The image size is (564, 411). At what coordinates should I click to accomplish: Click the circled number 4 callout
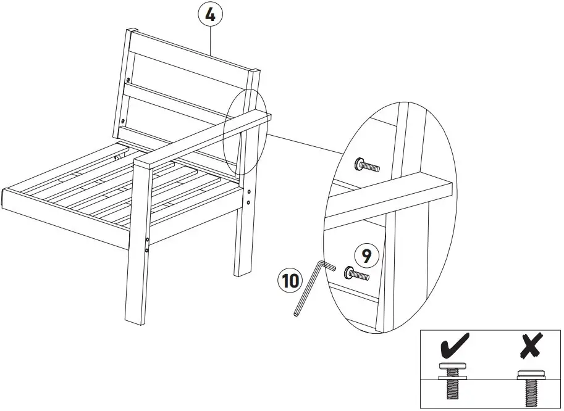click(211, 14)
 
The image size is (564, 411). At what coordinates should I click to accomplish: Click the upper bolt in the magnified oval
click(366, 165)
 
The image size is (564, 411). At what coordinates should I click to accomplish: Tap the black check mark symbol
click(455, 346)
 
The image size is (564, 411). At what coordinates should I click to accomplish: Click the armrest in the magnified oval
click(395, 197)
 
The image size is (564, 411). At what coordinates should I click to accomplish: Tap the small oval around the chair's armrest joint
click(245, 131)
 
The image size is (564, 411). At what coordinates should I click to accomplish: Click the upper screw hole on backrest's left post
click(128, 80)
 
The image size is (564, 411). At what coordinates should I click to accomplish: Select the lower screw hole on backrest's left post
click(123, 121)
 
